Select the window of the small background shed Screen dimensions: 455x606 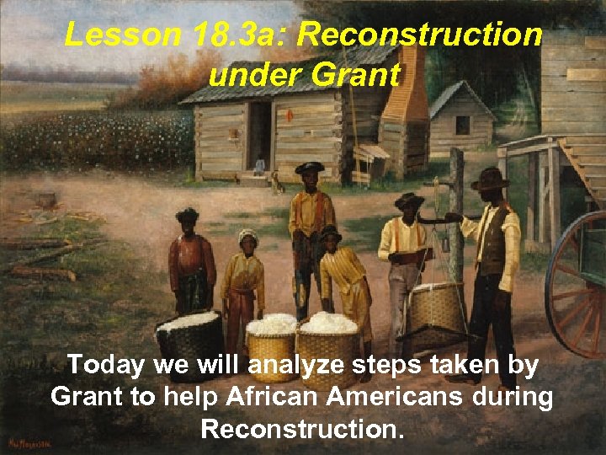coord(463,125)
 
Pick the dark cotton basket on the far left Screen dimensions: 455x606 coord(189,341)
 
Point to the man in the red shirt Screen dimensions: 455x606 coord(191,261)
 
